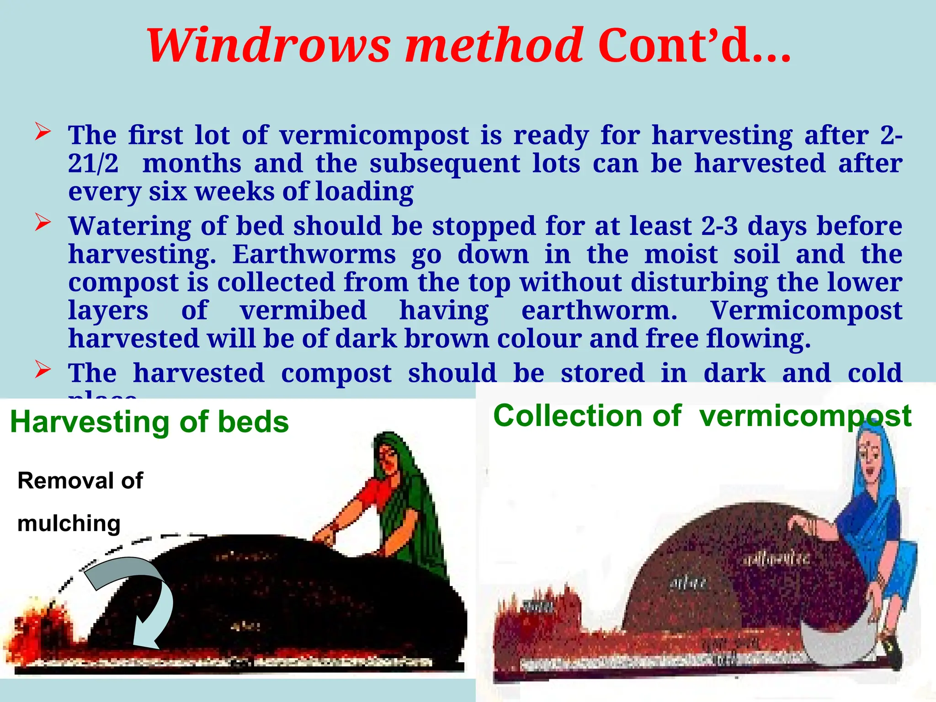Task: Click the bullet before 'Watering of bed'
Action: click(43, 223)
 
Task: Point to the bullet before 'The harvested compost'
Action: click(43, 370)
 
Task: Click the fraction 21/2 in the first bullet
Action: click(93, 163)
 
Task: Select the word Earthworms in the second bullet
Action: click(314, 254)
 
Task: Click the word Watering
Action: click(129, 226)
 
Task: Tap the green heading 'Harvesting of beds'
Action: click(149, 421)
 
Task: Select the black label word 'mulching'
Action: click(69, 523)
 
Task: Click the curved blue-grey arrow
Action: click(137, 594)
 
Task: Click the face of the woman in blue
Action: click(869, 457)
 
